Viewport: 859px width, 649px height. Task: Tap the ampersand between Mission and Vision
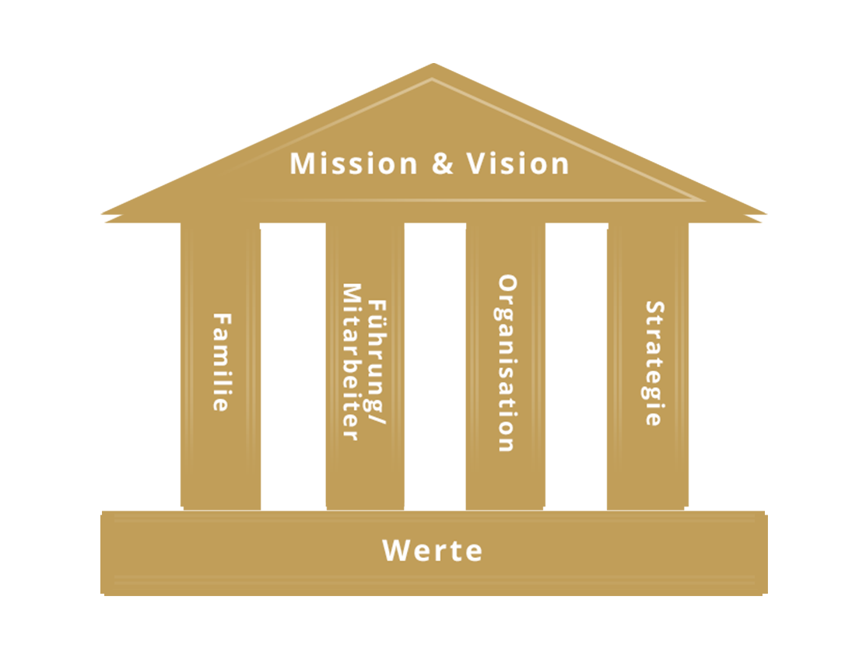tap(443, 165)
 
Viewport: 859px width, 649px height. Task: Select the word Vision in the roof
tap(518, 164)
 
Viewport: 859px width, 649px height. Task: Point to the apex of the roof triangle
tap(432, 79)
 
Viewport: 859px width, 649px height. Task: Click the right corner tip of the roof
tap(703, 200)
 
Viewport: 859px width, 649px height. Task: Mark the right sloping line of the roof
tap(568, 140)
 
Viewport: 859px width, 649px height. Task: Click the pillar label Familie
tap(223, 362)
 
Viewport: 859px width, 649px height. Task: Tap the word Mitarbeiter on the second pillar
tap(352, 362)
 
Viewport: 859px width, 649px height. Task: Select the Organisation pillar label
tap(507, 363)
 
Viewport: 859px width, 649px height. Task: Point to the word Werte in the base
tap(433, 551)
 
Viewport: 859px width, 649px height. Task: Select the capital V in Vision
tap(476, 164)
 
